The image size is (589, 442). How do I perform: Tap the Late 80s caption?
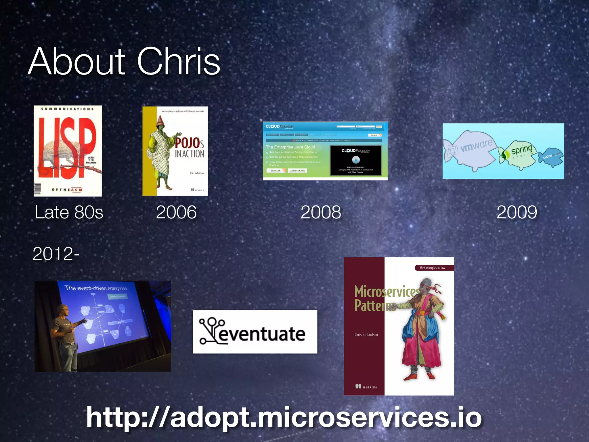pos(69,212)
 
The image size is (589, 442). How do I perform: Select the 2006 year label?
pos(176,212)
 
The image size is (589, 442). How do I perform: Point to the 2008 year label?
pos(321,212)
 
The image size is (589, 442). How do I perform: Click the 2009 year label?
pos(517,212)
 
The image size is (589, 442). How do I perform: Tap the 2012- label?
pos(56,254)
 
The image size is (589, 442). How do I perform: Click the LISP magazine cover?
pos(68,151)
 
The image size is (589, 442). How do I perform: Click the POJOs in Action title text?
pos(190,148)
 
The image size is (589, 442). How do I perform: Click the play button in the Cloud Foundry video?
pos(356,159)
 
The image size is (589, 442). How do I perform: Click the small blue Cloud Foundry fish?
pos(551,157)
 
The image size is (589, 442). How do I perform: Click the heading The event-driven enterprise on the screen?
pos(95,288)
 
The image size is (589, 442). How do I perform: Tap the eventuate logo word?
pos(262,334)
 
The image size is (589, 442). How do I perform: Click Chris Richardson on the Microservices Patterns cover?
pos(366,335)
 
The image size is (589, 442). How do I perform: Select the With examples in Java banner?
pos(432,268)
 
